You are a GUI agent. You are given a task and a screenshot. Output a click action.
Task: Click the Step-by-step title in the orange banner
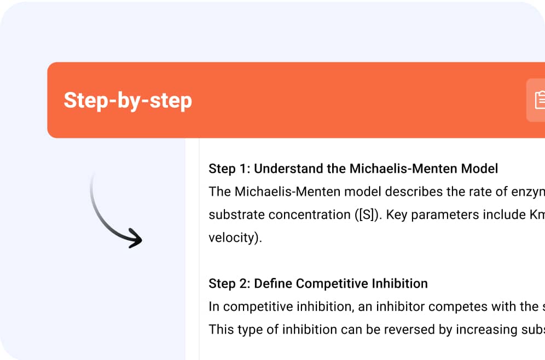point(128,101)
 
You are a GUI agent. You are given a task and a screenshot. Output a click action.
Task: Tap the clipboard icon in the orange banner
point(540,100)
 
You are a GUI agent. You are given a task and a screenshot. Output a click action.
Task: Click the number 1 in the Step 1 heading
point(243,169)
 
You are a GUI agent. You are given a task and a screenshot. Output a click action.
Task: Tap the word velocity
point(233,237)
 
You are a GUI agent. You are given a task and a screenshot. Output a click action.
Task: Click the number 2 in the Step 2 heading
point(243,283)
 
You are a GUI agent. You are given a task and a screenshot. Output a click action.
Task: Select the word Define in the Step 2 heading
point(273,283)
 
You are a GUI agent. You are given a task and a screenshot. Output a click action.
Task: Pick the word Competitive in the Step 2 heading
point(332,283)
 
